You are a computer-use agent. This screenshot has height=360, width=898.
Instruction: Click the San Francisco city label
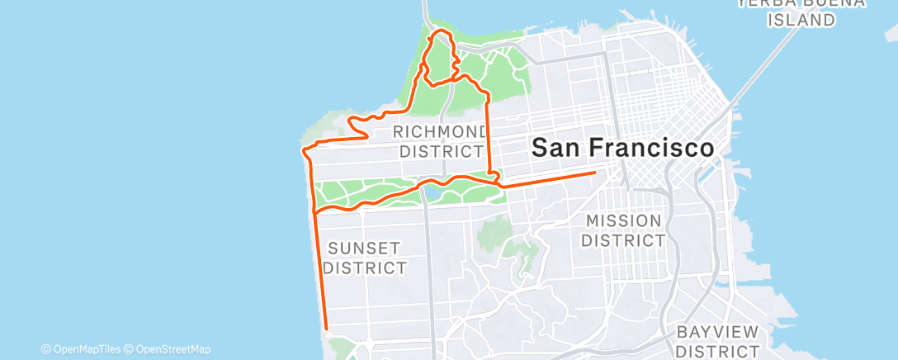click(622, 149)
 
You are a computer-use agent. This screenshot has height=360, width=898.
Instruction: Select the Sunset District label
click(364, 258)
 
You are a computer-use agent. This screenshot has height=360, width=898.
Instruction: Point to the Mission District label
click(624, 230)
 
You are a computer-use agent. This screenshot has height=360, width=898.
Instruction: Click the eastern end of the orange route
click(595, 173)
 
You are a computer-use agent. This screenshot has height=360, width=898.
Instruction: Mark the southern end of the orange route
click(327, 328)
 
